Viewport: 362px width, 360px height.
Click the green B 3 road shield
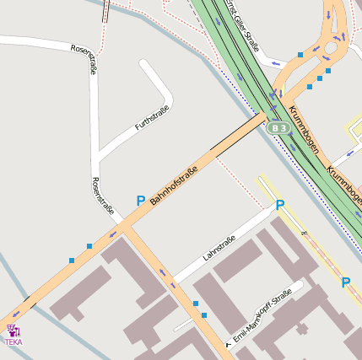coord(279,128)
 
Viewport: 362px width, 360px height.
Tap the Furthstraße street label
coord(152,118)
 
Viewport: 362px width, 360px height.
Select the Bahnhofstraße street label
coord(174,187)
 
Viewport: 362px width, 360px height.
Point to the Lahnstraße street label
coord(219,247)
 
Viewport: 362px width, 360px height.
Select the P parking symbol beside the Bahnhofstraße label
coord(140,201)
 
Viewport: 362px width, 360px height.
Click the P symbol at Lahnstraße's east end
coord(280,205)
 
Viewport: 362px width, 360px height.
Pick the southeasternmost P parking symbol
coord(346,282)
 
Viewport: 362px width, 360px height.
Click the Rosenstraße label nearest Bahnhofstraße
coord(102,196)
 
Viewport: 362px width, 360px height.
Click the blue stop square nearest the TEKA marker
coord(71,261)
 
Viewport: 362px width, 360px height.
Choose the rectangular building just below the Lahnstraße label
coord(237,261)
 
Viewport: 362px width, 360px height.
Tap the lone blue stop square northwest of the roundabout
coord(300,55)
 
